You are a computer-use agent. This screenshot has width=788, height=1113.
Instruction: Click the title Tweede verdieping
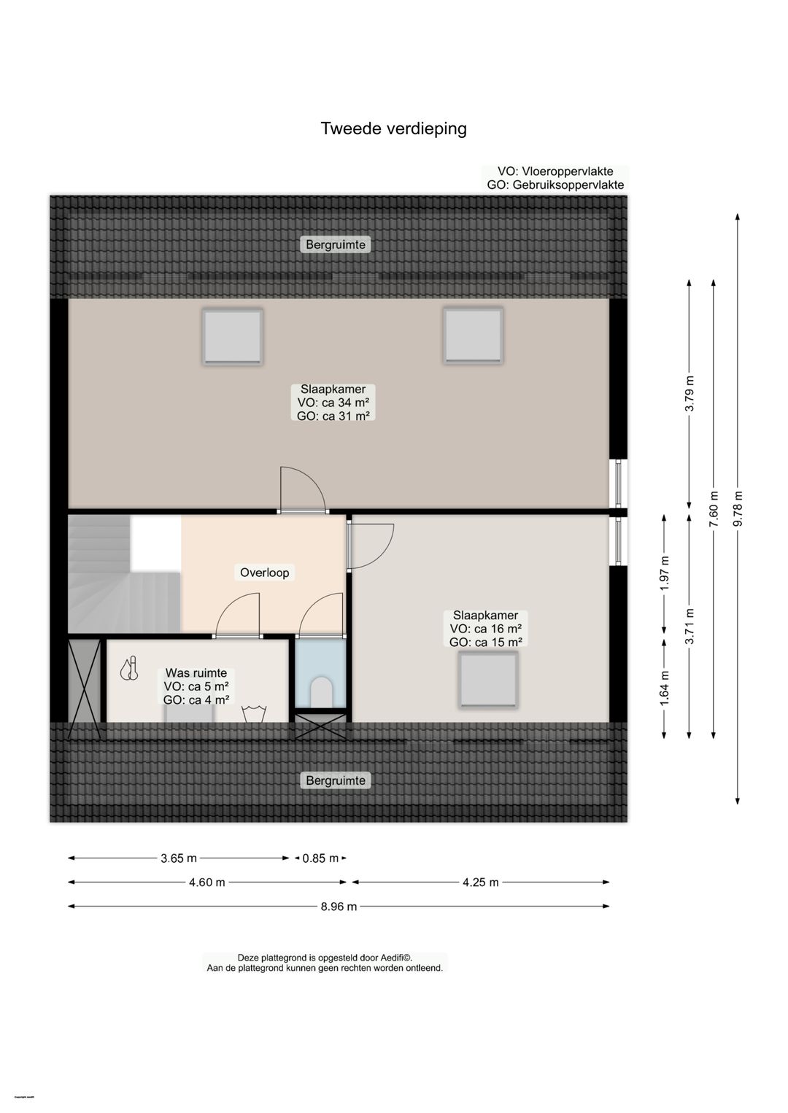393,129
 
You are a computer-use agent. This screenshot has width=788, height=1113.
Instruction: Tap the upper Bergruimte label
335,244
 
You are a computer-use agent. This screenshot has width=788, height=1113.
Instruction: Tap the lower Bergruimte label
335,780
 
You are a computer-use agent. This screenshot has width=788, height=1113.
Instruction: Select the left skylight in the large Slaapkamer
232,336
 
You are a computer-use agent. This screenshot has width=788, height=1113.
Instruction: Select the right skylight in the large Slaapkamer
473,336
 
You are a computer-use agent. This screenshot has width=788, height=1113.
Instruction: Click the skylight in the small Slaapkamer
488,680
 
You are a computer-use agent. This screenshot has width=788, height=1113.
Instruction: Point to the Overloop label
264,573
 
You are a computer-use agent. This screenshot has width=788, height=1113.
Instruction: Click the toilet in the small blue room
321,692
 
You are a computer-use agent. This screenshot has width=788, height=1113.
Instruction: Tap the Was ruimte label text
196,672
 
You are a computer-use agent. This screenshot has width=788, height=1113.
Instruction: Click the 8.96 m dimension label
339,907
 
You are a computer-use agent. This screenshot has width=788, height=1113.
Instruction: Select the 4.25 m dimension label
480,882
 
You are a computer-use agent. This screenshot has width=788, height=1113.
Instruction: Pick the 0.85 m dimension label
320,858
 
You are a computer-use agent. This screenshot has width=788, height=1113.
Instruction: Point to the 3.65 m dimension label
178,858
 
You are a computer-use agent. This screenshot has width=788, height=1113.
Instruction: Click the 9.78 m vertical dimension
738,508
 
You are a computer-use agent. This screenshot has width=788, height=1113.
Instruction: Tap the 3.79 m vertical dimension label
689,394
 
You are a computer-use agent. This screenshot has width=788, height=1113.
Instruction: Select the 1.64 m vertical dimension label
664,688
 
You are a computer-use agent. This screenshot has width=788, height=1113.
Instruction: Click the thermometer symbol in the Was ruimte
130,669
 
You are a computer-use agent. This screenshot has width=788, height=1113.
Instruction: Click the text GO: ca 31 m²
333,416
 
